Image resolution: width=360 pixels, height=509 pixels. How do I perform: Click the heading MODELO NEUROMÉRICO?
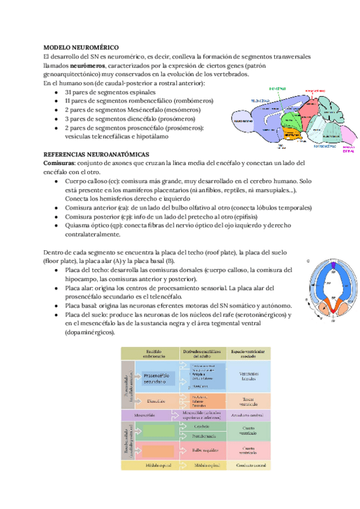coord(81,47)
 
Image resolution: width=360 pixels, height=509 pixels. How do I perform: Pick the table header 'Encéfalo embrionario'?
coord(150,354)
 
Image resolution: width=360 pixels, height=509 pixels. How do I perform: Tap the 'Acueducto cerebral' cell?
coord(247,415)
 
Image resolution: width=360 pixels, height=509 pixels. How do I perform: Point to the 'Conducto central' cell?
coord(247,465)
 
